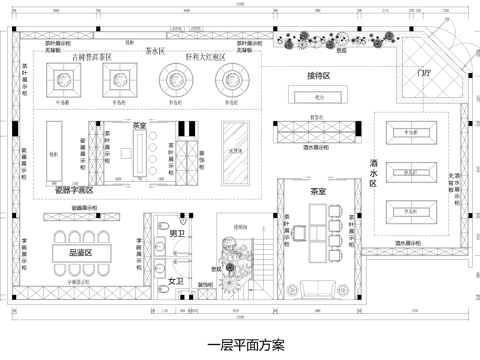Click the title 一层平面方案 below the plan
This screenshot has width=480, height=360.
241,346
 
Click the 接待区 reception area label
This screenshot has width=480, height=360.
318,75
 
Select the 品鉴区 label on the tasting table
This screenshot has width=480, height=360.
79,253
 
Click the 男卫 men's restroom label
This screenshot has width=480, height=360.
176,234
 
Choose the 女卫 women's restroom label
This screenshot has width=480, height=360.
176,280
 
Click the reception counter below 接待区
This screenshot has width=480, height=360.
320,96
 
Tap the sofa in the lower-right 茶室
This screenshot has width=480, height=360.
321,289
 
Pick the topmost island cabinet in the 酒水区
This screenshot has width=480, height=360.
409,132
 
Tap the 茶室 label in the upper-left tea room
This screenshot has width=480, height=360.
139,125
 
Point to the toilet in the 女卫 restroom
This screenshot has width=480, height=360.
163,291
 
